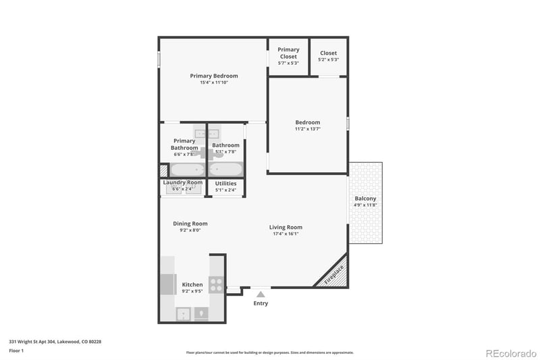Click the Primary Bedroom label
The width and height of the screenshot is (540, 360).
click(213, 76)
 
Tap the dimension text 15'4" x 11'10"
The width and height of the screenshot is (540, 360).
click(213, 82)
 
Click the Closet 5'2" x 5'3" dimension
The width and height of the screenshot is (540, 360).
click(328, 59)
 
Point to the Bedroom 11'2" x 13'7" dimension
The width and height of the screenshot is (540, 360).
click(307, 129)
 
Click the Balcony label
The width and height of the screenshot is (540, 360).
click(365, 199)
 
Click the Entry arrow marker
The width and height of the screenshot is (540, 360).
click(261, 294)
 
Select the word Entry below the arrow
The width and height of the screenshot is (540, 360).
click(261, 303)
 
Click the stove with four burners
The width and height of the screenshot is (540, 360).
click(217, 284)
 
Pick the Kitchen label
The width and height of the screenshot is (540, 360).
click(192, 284)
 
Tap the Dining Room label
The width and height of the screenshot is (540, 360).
click(190, 224)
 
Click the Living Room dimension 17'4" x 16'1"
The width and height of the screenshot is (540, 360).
click(286, 234)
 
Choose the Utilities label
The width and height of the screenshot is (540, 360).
click(225, 183)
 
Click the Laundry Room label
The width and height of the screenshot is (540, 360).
click(182, 182)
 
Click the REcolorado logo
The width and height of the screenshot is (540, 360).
click(510, 352)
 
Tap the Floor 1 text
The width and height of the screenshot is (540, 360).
click(17, 351)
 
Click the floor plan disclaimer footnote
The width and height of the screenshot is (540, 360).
click(269, 352)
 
